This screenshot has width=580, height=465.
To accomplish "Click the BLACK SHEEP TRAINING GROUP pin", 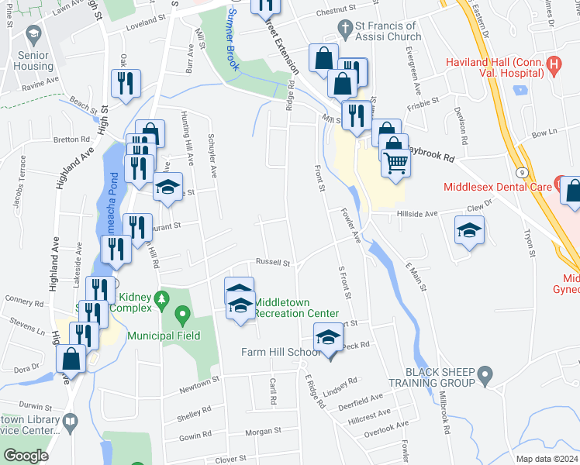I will click(x=485, y=377).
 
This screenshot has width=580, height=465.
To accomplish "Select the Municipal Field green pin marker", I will click(x=183, y=315).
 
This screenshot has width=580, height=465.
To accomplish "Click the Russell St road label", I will click(x=274, y=263).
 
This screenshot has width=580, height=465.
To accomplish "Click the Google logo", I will click(x=26, y=456).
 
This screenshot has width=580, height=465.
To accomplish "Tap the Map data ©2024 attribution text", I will click(x=547, y=459).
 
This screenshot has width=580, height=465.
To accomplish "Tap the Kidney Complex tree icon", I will click(x=162, y=298).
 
